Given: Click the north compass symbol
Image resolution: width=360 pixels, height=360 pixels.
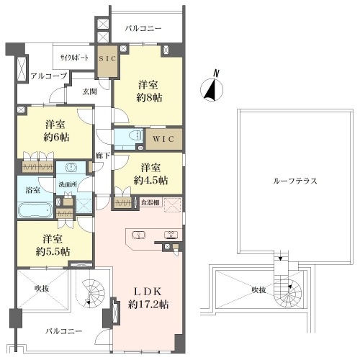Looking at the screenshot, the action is click(x=212, y=89).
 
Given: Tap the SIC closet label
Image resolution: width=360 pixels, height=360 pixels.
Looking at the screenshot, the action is click(x=107, y=58).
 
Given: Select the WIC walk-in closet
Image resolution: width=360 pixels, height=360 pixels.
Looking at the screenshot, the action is click(x=164, y=139).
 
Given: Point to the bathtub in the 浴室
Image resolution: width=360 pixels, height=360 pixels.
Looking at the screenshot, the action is click(x=35, y=210).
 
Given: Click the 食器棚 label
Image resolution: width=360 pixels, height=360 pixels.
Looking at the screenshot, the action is click(x=150, y=202).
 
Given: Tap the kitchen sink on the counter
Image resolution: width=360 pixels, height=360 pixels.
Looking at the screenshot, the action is click(x=138, y=235).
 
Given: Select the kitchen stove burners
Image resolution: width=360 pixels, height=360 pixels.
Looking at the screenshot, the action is click(x=171, y=235).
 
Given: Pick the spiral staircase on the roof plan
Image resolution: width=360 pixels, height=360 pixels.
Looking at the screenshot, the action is click(x=289, y=292).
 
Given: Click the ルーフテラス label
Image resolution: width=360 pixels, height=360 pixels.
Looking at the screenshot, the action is click(x=295, y=181).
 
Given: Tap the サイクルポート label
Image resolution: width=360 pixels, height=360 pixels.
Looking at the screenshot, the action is click(x=74, y=58).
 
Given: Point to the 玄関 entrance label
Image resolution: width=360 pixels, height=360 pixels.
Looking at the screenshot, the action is click(x=89, y=91).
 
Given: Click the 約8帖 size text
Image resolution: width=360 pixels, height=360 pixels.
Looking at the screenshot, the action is click(x=149, y=98).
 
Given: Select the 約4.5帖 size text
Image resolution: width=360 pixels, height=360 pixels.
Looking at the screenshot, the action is click(x=150, y=180).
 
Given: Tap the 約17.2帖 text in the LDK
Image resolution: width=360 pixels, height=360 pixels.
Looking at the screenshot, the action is click(x=148, y=305).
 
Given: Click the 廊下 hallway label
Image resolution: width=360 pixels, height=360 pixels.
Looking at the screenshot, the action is click(x=103, y=156).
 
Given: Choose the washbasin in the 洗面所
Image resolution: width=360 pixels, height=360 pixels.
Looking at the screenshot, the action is click(x=71, y=167).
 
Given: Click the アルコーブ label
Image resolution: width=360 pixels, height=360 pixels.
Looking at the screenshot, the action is click(x=49, y=76).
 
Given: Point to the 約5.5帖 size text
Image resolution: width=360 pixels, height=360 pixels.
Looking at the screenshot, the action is click(x=53, y=252).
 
